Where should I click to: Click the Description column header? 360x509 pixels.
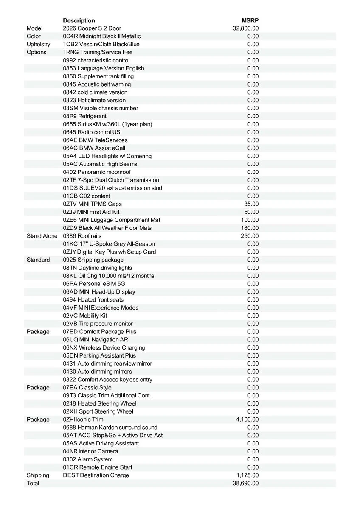point(79,20)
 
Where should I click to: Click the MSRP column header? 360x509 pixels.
point(250,20)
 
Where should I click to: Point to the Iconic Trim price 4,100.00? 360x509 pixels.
point(247,420)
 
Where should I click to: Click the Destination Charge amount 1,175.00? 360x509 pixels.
point(247,475)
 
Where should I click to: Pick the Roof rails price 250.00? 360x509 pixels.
point(250,236)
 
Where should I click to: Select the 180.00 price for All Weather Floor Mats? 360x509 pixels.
point(250,228)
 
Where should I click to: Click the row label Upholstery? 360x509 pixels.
point(38,44)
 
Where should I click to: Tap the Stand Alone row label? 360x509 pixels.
point(42,236)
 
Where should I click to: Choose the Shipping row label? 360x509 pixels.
point(38,475)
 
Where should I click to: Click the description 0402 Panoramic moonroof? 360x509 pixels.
point(97,172)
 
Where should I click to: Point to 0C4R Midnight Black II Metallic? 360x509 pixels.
point(102,36)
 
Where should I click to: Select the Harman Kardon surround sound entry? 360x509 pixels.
point(110,428)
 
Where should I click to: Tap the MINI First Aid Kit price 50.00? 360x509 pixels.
point(251,212)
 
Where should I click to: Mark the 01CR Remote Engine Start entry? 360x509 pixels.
point(97,467)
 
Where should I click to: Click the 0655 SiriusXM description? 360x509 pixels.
point(107,124)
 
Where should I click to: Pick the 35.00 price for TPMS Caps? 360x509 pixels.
point(251,204)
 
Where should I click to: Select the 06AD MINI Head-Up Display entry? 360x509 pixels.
point(99,292)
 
